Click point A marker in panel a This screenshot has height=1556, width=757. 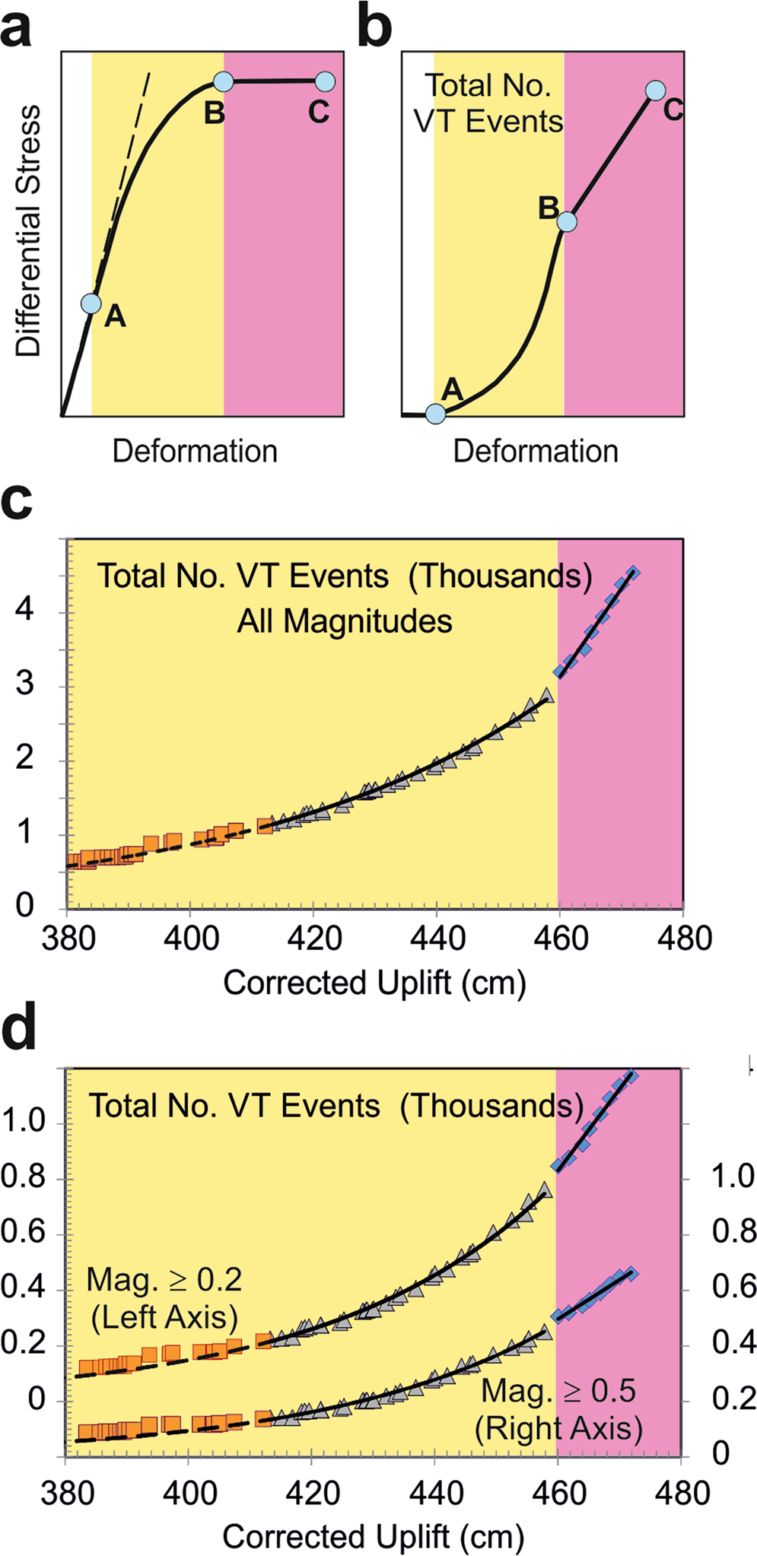point(91,303)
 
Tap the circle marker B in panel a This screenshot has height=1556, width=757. point(223,81)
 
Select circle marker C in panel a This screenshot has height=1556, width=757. point(324,81)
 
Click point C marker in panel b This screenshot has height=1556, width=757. point(655,91)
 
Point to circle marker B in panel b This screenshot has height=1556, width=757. point(566,221)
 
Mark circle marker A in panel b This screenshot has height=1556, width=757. point(435,414)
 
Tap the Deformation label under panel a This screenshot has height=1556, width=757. point(195,452)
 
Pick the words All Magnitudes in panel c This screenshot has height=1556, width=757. point(345,621)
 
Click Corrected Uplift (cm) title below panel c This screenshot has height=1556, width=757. point(374,983)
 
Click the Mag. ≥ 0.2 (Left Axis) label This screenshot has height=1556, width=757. point(164,1298)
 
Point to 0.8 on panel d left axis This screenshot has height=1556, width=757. point(24,1177)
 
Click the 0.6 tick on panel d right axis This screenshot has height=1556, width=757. point(734,1287)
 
